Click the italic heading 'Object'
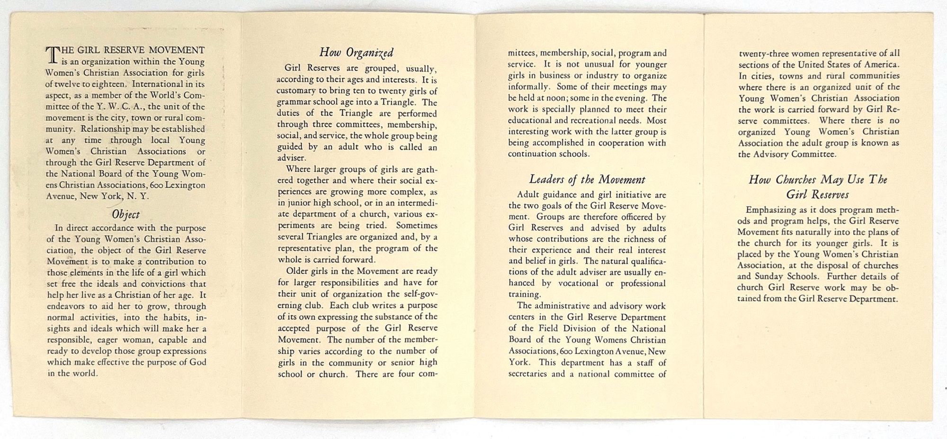(125, 214)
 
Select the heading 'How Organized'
(356, 52)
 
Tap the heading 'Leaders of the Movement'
(587, 180)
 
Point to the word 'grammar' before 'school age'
(294, 102)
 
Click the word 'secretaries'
(527, 374)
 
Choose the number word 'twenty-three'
(764, 53)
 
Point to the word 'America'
(882, 64)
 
